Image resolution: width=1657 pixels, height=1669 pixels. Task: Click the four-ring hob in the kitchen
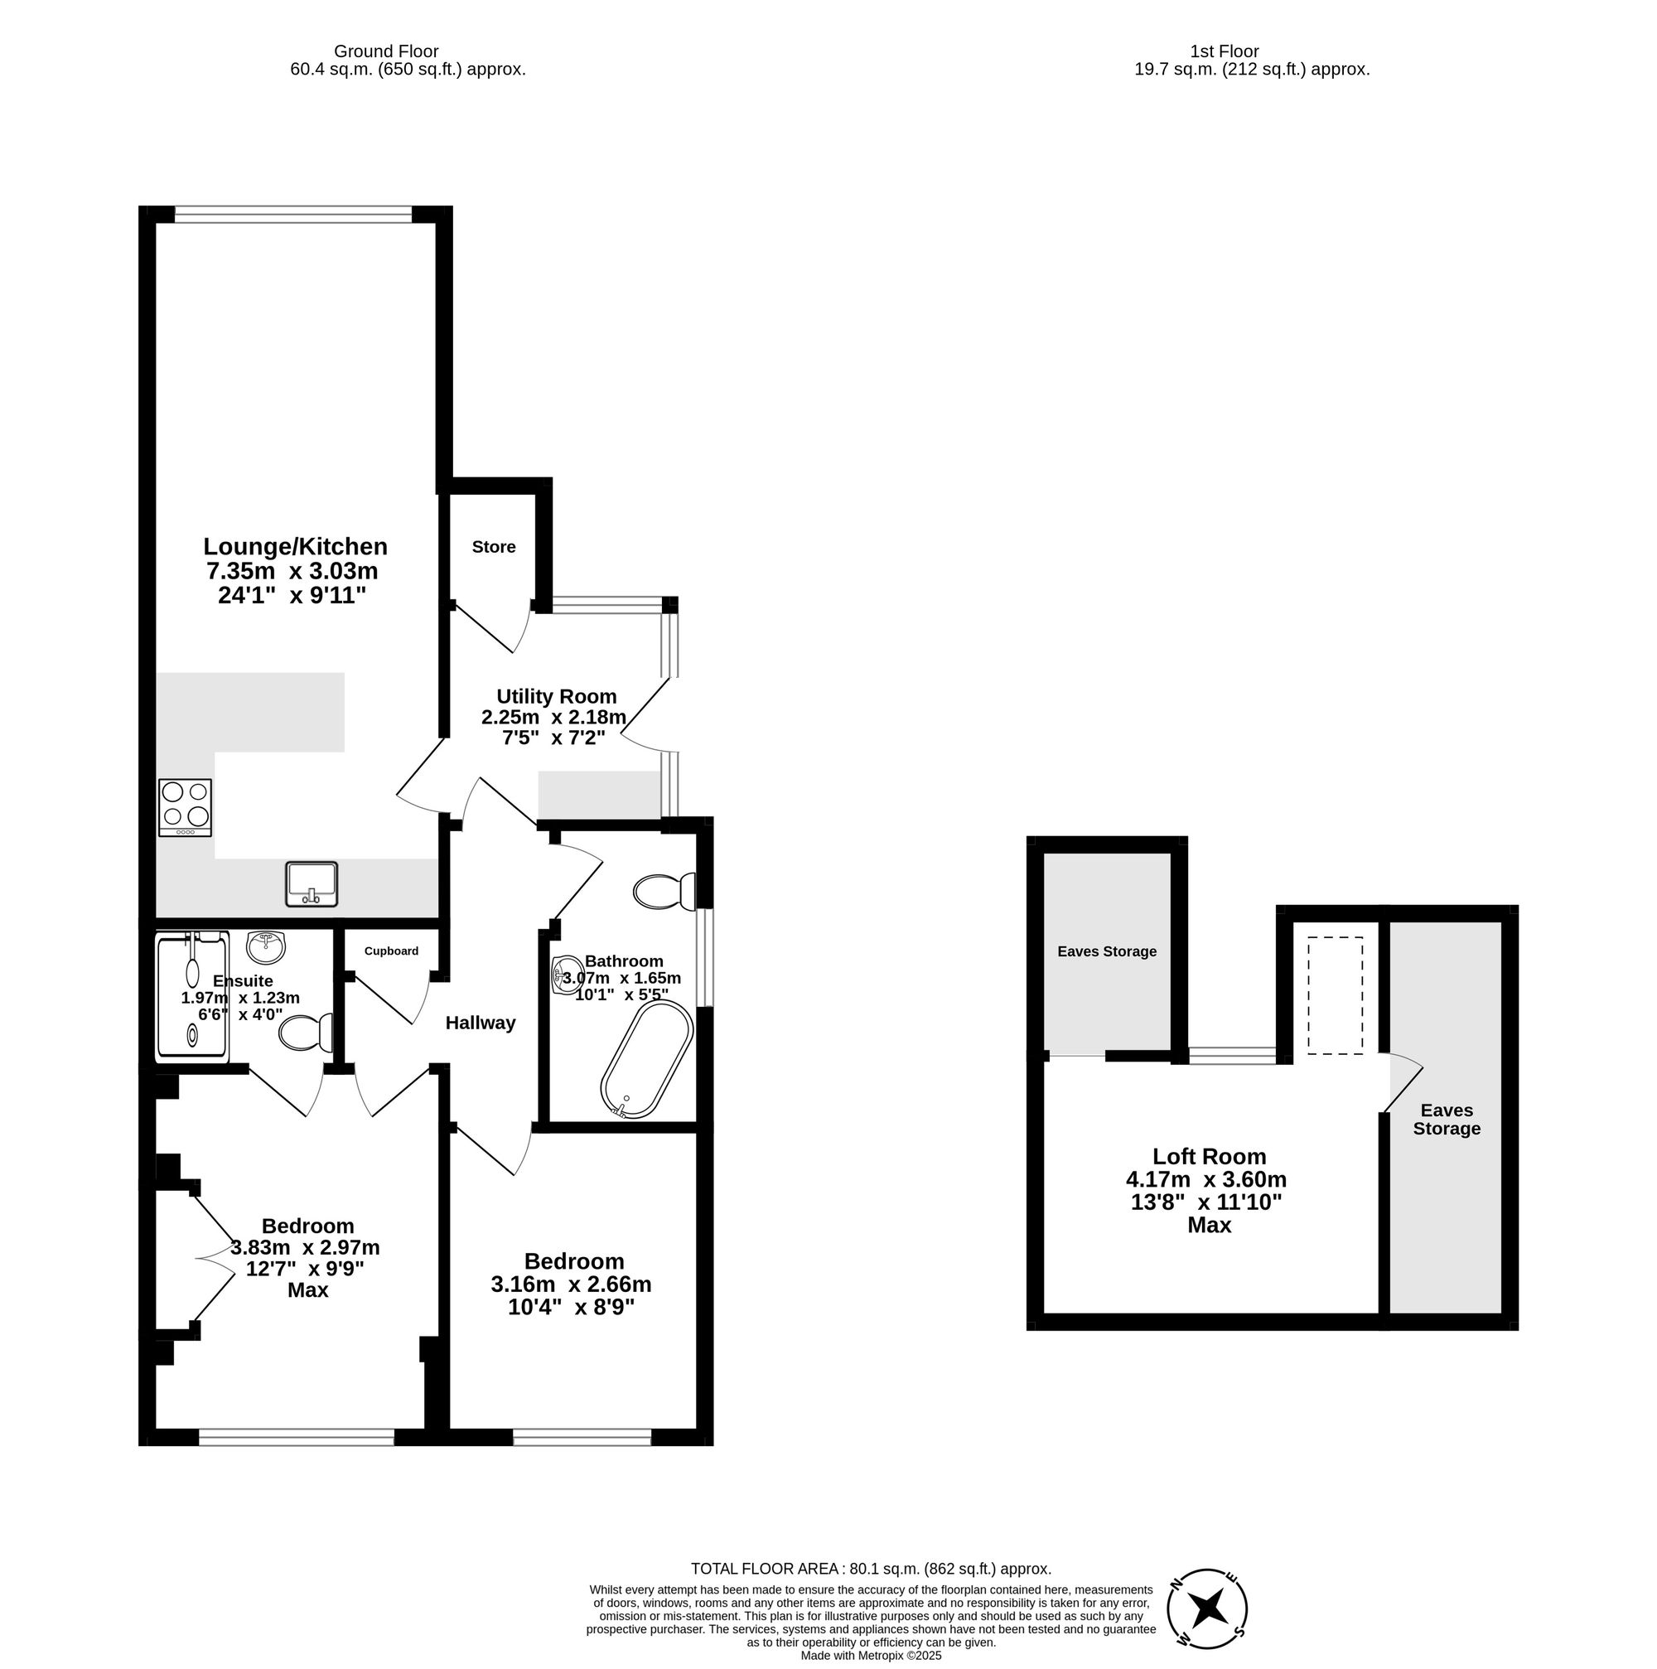tap(185, 807)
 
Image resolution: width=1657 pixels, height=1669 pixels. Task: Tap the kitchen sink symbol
tap(311, 883)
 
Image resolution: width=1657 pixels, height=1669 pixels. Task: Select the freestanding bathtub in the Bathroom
tap(646, 1060)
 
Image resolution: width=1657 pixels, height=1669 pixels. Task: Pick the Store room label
tap(493, 547)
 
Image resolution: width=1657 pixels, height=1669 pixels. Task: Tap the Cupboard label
tap(391, 951)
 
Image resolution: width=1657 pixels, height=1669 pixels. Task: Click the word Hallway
tap(480, 1023)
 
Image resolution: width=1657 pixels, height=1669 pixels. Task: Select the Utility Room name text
tap(556, 696)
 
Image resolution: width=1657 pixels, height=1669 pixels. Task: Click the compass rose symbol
tap(1206, 1609)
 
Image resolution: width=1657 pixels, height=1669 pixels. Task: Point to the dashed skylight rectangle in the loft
tap(1334, 996)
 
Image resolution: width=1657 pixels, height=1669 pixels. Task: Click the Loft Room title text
tap(1209, 1157)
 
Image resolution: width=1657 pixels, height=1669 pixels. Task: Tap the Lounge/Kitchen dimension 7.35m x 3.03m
tap(292, 571)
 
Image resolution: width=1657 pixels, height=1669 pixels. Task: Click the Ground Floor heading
tap(386, 52)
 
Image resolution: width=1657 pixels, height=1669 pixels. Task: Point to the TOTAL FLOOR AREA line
tap(871, 1569)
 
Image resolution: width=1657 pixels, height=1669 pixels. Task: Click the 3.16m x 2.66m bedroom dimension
tap(571, 1284)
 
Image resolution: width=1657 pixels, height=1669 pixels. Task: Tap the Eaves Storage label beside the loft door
tap(1447, 1120)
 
